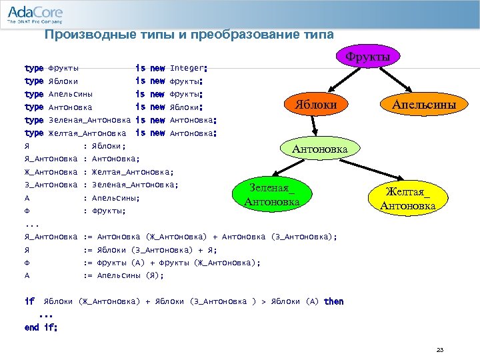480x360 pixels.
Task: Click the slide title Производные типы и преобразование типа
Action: [x=189, y=35]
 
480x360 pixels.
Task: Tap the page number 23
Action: [x=439, y=349]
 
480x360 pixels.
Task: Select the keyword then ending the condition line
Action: [x=333, y=301]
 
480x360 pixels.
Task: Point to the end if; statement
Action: [x=41, y=327]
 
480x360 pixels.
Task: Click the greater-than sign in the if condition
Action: [x=263, y=302]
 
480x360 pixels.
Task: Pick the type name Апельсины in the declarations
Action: [x=71, y=94]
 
